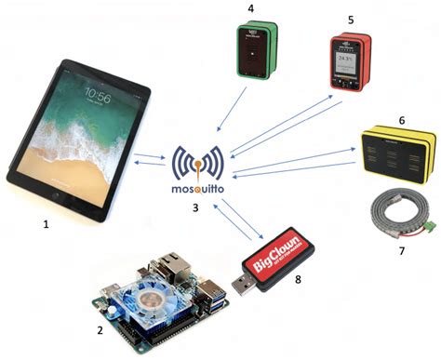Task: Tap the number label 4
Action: [250, 7]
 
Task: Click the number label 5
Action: [351, 19]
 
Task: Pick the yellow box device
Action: [397, 151]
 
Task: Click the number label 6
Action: [401, 121]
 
